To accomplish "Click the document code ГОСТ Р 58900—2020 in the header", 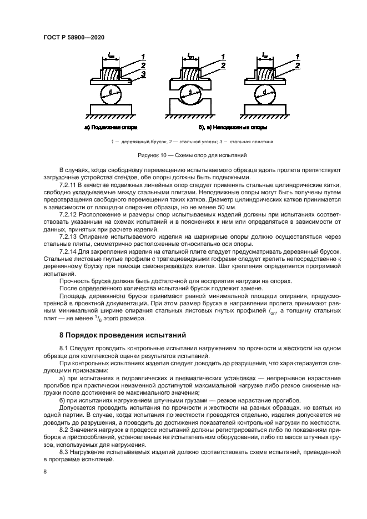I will pos(74,37).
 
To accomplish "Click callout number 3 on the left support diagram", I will pos(143,73).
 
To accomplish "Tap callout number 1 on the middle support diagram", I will pos(223,56).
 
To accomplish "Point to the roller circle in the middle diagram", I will pos(190,92).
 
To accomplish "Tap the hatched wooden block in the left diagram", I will pos(111,72).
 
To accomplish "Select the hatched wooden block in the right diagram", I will pos(266,72).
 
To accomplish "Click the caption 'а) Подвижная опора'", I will pos(110,127).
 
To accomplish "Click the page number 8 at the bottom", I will pos(44,471).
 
